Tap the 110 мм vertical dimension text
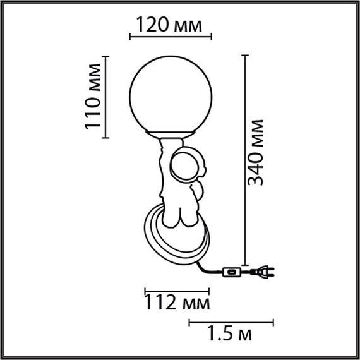[x=93, y=97]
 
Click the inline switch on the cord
[x=232, y=272]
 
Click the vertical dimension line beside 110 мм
[x=106, y=97]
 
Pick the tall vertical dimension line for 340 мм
[x=243, y=152]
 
